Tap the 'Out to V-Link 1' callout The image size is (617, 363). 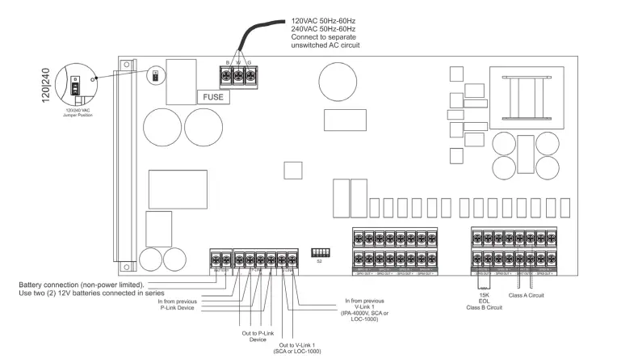point(300,347)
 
